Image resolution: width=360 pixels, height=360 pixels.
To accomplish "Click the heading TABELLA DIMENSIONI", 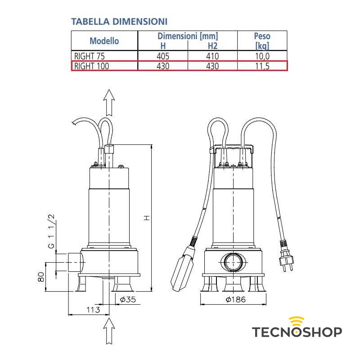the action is [x=119, y=22].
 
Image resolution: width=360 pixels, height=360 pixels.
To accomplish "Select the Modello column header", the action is [x=104, y=41].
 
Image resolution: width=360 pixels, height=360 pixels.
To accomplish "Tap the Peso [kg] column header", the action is [x=262, y=41].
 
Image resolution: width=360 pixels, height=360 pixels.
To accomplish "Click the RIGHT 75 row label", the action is [x=89, y=56].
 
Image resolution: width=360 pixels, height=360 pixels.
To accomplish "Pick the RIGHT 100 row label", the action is [x=91, y=66].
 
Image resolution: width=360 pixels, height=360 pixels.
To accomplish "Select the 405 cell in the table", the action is [x=163, y=56].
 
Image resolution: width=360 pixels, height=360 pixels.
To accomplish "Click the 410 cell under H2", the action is [x=212, y=56].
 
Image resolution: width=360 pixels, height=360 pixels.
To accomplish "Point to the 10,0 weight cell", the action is [x=262, y=56].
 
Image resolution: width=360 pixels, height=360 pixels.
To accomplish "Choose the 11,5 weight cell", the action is [x=262, y=66].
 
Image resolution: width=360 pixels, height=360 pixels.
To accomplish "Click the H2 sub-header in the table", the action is [x=212, y=46].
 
